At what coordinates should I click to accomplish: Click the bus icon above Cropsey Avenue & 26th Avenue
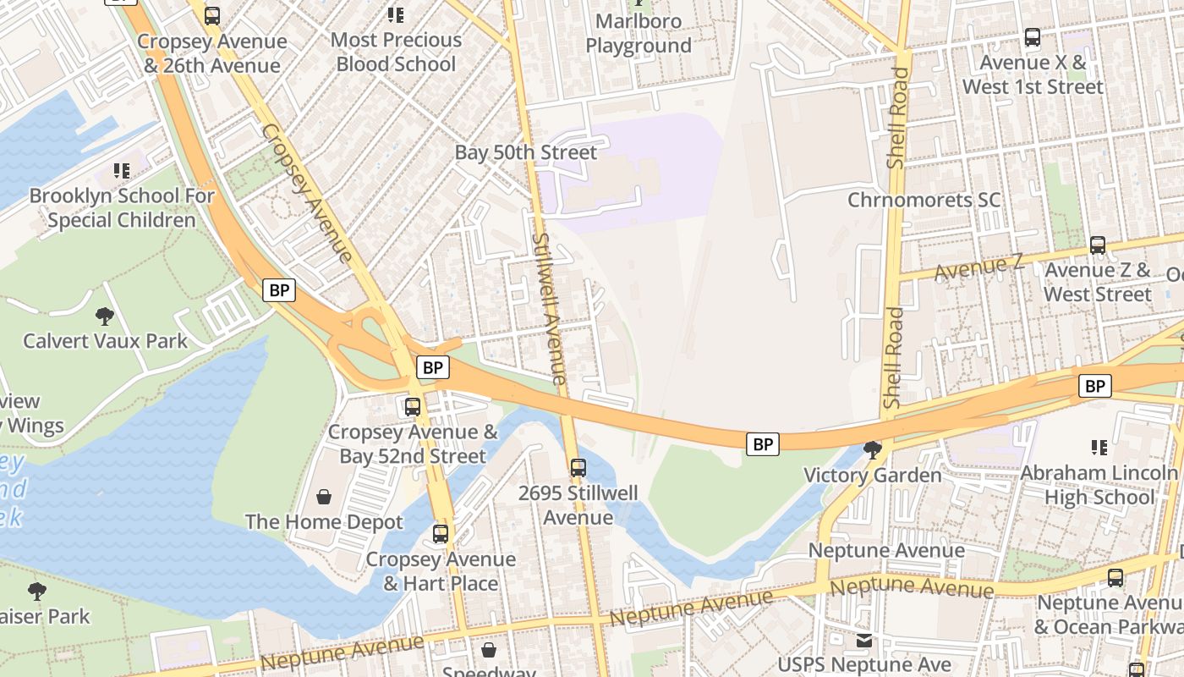coord(212,15)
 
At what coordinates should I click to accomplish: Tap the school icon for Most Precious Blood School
coord(395,14)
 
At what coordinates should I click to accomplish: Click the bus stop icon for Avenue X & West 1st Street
coord(1033,37)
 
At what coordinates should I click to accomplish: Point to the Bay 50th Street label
coord(525,152)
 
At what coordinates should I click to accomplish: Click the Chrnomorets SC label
coord(924,200)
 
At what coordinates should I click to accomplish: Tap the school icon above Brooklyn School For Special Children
coord(122,171)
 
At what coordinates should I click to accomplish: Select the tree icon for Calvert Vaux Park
coord(105,316)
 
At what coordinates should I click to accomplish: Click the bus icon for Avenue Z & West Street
coord(1098,245)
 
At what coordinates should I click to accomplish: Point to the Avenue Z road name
coord(978,268)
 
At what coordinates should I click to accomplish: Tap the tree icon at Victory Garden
coord(872,450)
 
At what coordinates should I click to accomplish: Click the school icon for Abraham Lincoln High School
coord(1099,447)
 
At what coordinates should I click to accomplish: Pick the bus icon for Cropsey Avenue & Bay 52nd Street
coord(413,406)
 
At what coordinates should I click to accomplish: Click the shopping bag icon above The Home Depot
coord(324,497)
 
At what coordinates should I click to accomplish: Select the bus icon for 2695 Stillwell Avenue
coord(578,467)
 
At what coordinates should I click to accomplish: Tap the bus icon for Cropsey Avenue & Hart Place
coord(441,534)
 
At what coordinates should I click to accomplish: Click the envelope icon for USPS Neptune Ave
coord(864,641)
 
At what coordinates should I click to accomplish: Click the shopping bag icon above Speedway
coord(489,649)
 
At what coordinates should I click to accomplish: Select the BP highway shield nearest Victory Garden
coord(762,443)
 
